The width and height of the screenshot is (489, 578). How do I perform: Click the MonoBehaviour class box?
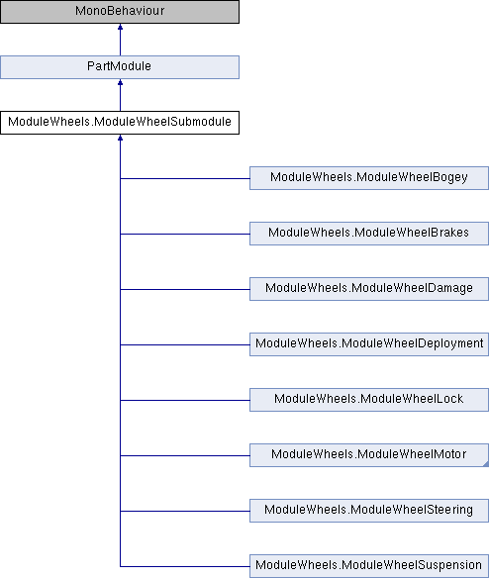pyautogui.click(x=120, y=12)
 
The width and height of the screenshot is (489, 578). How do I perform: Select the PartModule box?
pyautogui.click(x=120, y=67)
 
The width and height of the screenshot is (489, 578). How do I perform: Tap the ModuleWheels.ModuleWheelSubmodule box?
pyautogui.click(x=120, y=123)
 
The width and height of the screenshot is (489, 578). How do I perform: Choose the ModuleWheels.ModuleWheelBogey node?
pyautogui.click(x=369, y=178)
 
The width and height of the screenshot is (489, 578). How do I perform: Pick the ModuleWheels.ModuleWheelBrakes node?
pyautogui.click(x=369, y=234)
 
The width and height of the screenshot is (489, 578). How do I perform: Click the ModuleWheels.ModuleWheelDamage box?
pyautogui.click(x=369, y=289)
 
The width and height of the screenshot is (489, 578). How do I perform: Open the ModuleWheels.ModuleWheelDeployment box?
pyautogui.click(x=369, y=344)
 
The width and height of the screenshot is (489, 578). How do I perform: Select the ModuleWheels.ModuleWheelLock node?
pyautogui.click(x=369, y=400)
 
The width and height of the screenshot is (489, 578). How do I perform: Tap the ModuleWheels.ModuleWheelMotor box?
pyautogui.click(x=369, y=455)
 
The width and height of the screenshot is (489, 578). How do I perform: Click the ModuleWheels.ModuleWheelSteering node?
pyautogui.click(x=369, y=511)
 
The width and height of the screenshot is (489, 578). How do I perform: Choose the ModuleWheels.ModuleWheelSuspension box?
pyautogui.click(x=369, y=566)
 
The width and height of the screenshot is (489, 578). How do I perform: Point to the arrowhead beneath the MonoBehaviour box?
pyautogui.click(x=120, y=27)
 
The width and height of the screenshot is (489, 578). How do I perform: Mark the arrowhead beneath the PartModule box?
pyautogui.click(x=120, y=82)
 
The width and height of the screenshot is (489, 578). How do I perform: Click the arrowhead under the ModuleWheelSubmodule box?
pyautogui.click(x=120, y=138)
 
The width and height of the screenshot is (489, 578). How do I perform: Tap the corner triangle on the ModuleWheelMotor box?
pyautogui.click(x=486, y=464)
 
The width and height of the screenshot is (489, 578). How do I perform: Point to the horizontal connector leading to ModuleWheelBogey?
pyautogui.click(x=185, y=179)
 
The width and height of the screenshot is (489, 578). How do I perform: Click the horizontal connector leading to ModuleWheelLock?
pyautogui.click(x=185, y=400)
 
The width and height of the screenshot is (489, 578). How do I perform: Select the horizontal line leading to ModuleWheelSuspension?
pyautogui.click(x=185, y=566)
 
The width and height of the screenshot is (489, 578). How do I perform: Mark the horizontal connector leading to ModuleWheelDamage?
pyautogui.click(x=185, y=289)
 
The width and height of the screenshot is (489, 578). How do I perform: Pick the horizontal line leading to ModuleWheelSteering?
pyautogui.click(x=185, y=512)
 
